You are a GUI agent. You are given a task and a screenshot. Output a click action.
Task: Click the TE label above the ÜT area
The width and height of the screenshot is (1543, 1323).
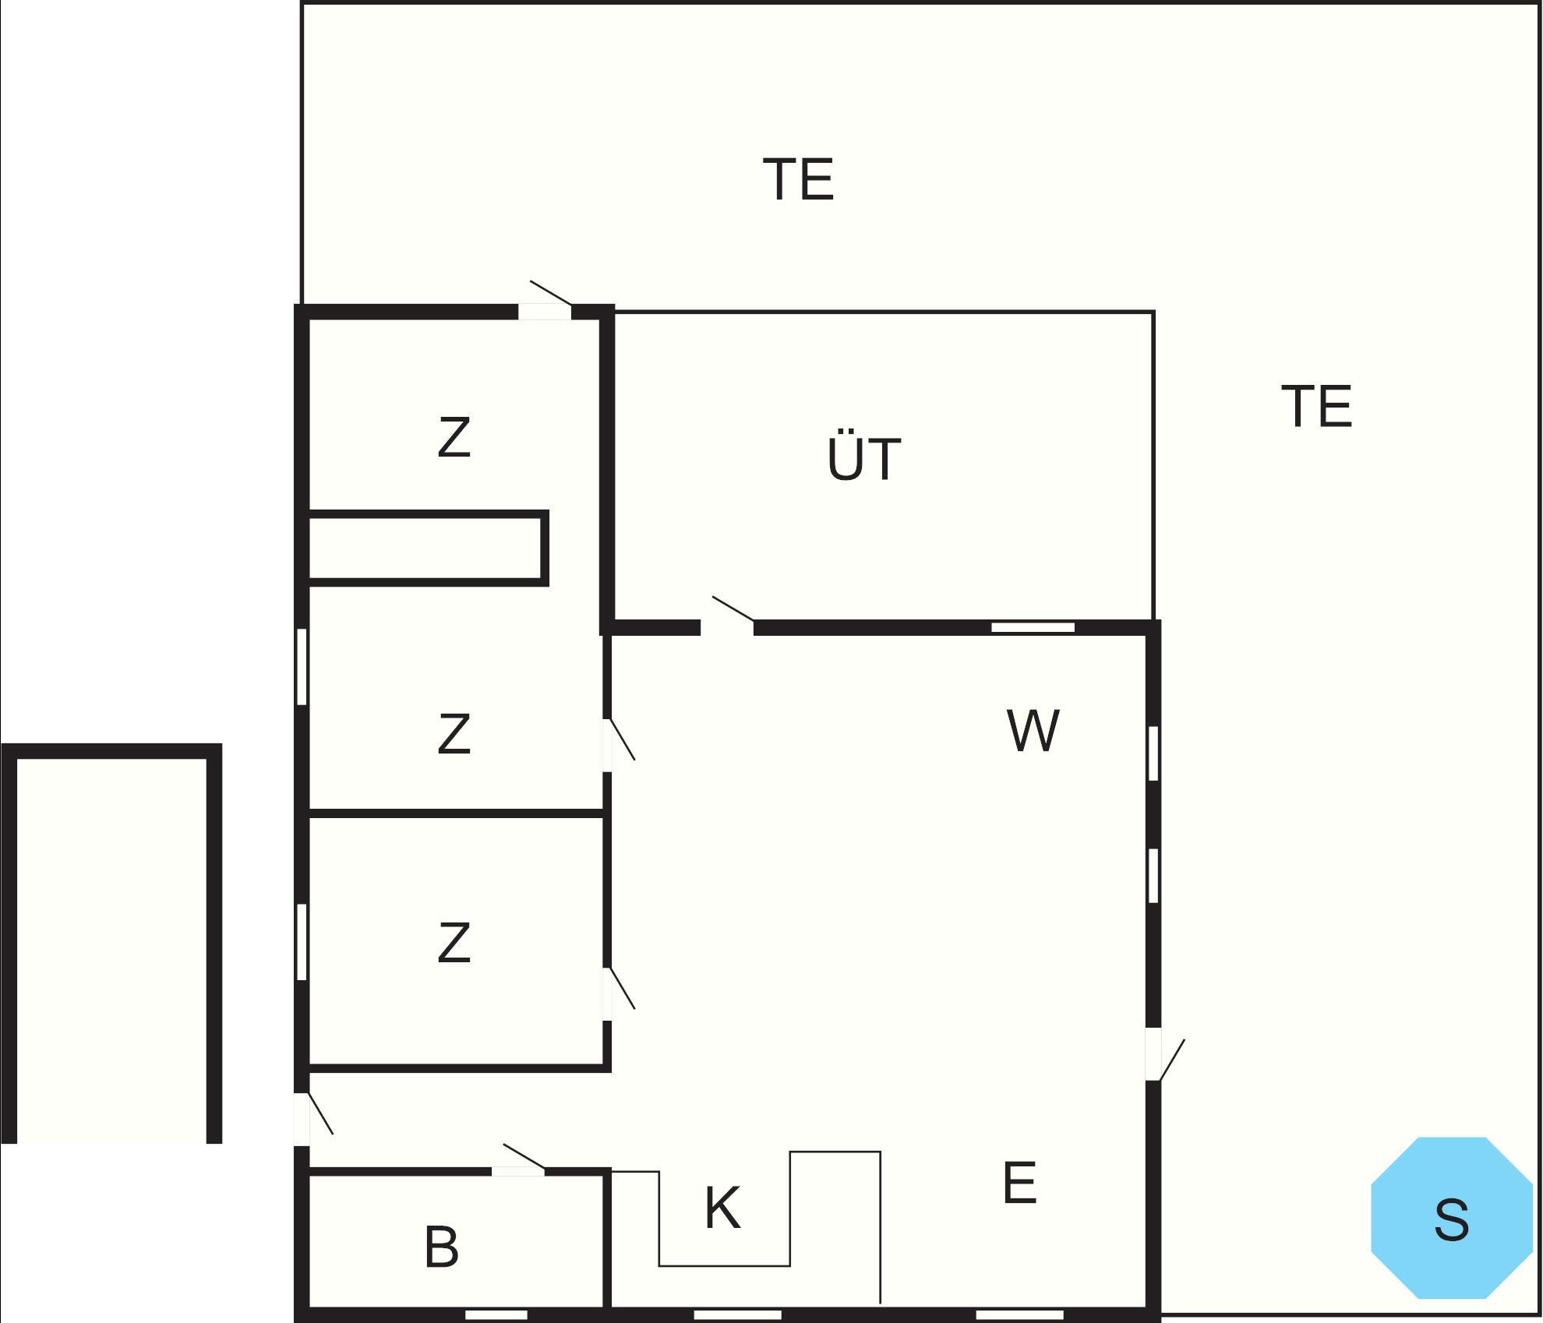(x=799, y=178)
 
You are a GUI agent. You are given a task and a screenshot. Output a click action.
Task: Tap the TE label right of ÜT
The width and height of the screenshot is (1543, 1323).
(x=1317, y=405)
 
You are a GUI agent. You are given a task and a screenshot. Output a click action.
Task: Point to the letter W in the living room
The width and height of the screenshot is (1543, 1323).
(x=1033, y=730)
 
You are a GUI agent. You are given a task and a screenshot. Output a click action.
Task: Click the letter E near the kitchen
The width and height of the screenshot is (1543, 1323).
(x=1019, y=1183)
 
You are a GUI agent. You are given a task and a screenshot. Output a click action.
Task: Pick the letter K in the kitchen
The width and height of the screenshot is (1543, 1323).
(x=722, y=1208)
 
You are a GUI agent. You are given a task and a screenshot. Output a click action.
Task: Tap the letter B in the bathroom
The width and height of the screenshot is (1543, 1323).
(x=441, y=1247)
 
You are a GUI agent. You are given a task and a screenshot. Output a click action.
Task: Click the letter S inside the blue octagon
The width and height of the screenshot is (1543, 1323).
(x=1452, y=1220)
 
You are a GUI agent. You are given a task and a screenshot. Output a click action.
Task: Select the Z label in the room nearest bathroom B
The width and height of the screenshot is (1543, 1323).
(x=454, y=942)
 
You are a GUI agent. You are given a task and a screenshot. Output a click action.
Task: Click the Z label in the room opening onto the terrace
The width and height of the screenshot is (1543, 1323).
(x=454, y=437)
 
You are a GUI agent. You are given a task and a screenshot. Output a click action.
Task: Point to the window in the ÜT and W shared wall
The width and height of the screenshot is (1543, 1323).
(x=1033, y=627)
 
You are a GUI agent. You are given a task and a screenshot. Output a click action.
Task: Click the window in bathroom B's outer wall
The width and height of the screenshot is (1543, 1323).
(x=496, y=1315)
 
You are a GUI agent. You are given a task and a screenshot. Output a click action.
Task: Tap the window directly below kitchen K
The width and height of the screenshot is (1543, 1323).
(x=737, y=1315)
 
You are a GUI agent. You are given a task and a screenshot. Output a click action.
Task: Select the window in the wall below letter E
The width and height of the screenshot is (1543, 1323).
(x=1019, y=1315)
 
